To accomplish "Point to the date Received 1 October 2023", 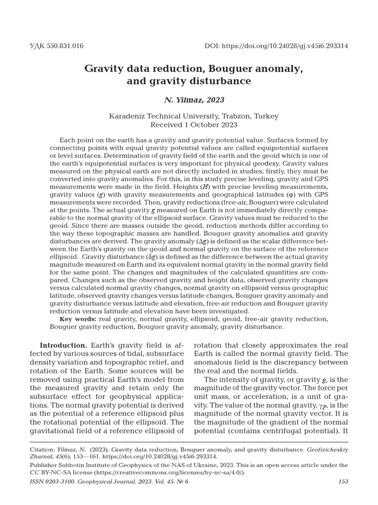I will point(189,125).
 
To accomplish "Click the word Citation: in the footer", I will point(43,450).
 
